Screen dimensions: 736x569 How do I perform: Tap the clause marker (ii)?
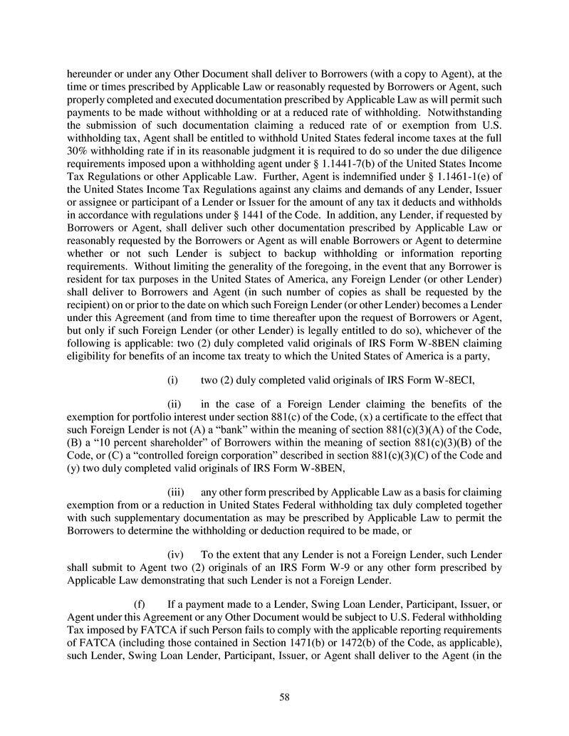coord(173,404)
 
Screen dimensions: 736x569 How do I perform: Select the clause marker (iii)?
coord(175,492)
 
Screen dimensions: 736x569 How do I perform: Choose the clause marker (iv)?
coord(175,555)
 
